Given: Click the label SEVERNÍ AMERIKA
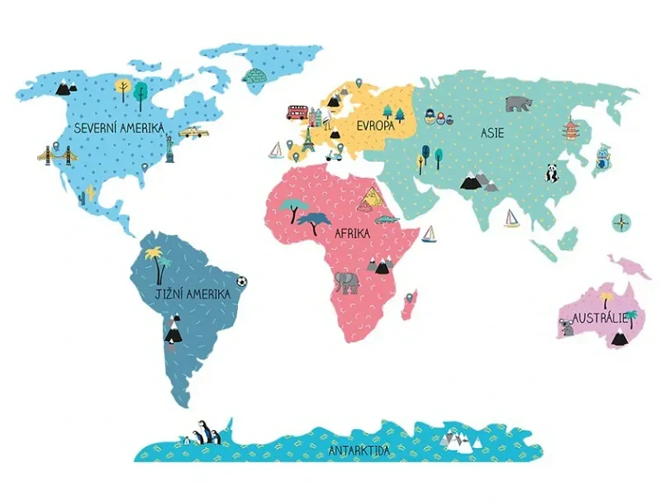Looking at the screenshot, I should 118,128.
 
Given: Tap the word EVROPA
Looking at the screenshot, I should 375,126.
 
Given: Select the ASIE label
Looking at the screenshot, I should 492,132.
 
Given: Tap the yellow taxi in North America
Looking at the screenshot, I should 194,132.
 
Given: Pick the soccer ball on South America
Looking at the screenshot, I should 241,281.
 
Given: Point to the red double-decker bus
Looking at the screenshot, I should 297,112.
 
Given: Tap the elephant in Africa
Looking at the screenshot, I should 347,283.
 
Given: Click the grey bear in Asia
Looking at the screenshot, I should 519,103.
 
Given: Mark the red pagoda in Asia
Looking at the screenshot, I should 572,131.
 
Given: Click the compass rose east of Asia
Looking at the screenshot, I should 621,222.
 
